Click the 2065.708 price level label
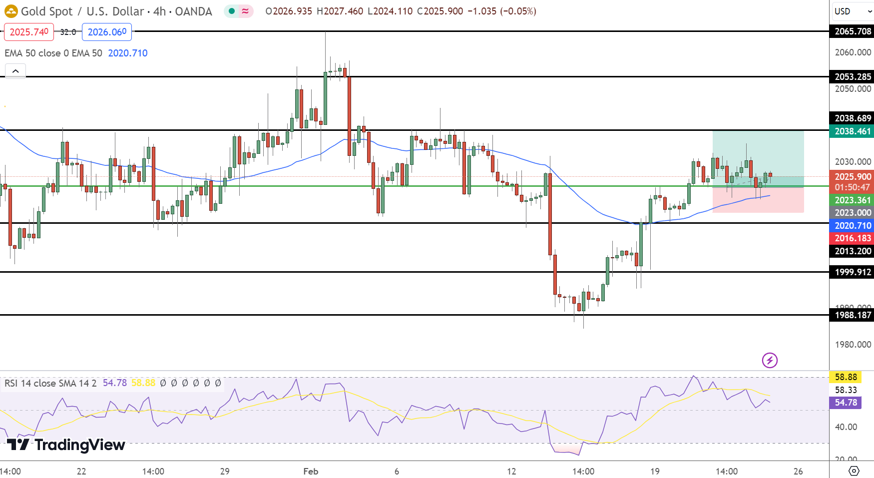click(x=853, y=31)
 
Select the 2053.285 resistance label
click(x=853, y=77)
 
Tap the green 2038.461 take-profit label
click(x=853, y=131)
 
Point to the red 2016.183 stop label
click(x=853, y=238)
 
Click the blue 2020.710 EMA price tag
click(x=853, y=226)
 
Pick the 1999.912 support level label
click(x=853, y=272)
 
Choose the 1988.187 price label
click(x=853, y=315)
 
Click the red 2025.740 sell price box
click(x=29, y=32)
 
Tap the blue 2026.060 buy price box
click(x=107, y=32)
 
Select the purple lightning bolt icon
click(x=770, y=360)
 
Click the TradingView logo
click(x=66, y=445)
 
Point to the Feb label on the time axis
click(x=311, y=471)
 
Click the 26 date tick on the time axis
click(x=798, y=471)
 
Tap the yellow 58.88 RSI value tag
click(x=846, y=377)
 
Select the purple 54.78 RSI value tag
click(x=846, y=403)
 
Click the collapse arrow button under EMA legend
click(x=15, y=71)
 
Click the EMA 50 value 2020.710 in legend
click(x=128, y=53)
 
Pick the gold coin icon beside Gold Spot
click(x=11, y=11)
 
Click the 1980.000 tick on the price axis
click(x=853, y=345)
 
